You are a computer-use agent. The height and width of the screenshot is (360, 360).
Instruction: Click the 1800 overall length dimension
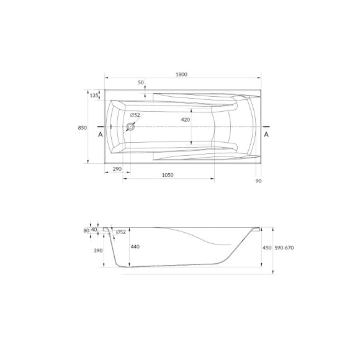[x=181, y=74]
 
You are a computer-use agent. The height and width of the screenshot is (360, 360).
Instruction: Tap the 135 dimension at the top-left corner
[x=94, y=95]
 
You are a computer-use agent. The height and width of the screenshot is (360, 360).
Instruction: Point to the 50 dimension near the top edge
[x=141, y=83]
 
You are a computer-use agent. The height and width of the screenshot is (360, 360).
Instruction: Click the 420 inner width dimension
[x=185, y=119]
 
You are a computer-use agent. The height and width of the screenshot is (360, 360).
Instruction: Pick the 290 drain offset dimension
[x=116, y=169]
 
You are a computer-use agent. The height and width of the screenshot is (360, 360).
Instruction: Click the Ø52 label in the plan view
[x=135, y=115]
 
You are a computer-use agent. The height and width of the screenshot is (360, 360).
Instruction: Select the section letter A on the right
[x=266, y=134]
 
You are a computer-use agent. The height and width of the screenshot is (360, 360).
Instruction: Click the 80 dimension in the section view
[x=86, y=230]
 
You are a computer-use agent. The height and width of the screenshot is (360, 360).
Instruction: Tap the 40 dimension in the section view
[x=94, y=230]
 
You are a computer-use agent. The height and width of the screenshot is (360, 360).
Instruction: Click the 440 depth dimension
[x=135, y=246]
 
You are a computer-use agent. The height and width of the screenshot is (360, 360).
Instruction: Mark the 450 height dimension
[x=267, y=246]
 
